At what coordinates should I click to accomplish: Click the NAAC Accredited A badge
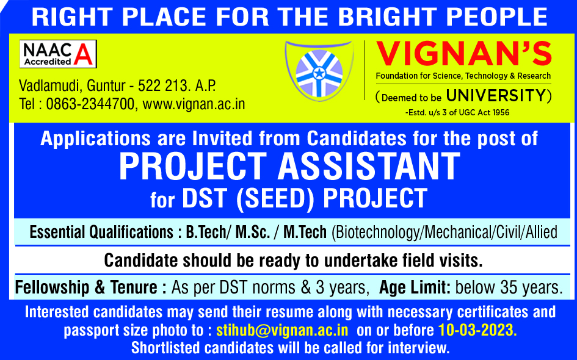(58, 54)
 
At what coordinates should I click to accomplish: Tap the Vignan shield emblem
(319, 71)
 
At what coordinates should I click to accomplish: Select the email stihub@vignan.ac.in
(282, 330)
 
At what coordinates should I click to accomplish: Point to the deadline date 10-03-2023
(477, 330)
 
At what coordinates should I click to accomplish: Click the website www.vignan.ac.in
(194, 104)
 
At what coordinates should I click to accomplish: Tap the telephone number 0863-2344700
(90, 104)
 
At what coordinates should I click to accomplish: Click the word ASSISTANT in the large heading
(369, 166)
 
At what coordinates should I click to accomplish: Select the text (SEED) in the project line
(275, 198)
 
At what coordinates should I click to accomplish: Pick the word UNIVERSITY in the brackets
(496, 96)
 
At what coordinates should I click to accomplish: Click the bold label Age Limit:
(415, 287)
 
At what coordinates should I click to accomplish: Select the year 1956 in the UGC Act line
(501, 112)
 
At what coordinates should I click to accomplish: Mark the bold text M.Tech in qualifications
(305, 232)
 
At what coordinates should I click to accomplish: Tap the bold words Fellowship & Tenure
(86, 287)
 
